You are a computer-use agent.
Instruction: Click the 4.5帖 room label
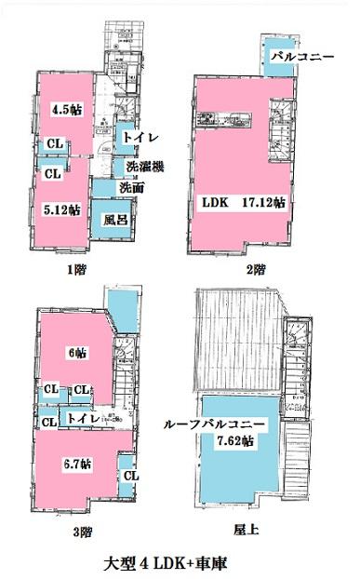click(65, 108)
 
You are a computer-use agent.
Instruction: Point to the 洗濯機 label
click(145, 167)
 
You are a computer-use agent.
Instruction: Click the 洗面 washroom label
click(130, 187)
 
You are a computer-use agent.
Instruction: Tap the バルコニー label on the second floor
click(295, 57)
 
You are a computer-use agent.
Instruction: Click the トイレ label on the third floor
click(84, 420)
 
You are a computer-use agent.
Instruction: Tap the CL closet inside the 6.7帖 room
click(131, 476)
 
